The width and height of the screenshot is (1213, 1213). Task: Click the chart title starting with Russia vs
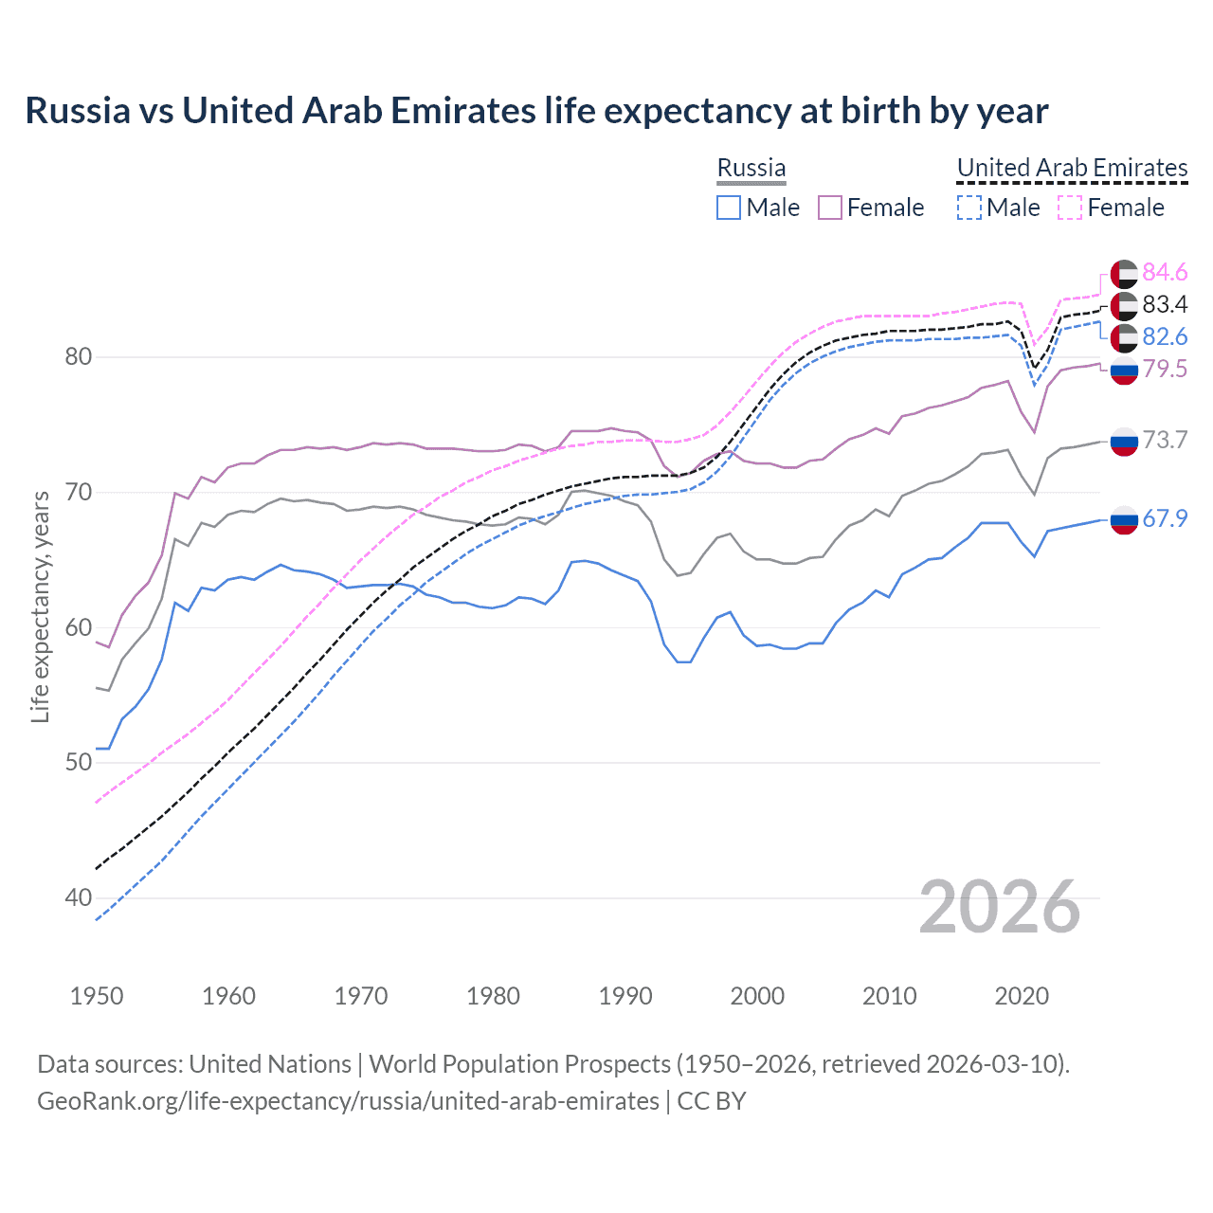coord(536,111)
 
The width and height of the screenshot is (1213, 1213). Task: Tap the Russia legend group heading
coord(751,168)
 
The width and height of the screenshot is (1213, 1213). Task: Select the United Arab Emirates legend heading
coord(1072,168)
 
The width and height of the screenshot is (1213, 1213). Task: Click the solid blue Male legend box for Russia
coord(728,208)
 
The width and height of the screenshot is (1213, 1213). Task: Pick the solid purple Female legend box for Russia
coord(830,208)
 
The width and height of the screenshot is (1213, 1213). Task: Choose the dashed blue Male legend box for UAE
coord(969,208)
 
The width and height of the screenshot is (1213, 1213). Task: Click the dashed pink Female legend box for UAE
coord(1070,208)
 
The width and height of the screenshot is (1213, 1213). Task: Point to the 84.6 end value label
coord(1165,273)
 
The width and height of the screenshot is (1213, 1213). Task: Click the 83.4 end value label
coord(1165,305)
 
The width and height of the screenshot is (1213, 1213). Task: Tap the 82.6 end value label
coord(1165,337)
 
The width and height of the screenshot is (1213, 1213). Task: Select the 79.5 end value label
coord(1165,370)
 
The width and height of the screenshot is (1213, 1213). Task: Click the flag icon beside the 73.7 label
coord(1124,441)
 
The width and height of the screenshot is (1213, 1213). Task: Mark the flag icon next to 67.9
coord(1124,519)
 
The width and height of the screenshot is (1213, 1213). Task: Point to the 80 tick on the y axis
coord(79,357)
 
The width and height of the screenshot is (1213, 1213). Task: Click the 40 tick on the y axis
coord(79,897)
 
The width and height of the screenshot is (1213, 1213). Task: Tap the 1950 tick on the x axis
coord(97,996)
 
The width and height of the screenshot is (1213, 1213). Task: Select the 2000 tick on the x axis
coord(757,996)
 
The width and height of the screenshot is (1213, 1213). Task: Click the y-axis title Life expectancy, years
coord(40,606)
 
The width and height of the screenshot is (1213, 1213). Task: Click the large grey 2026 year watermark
coord(1000,907)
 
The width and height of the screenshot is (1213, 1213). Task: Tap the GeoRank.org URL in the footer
coord(348,1101)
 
